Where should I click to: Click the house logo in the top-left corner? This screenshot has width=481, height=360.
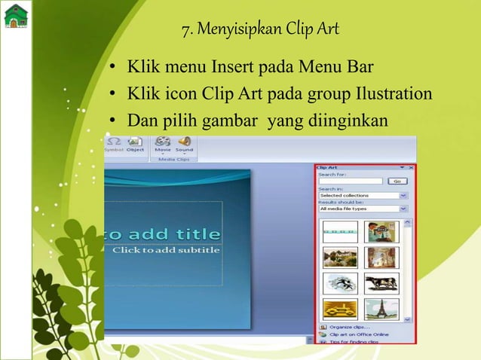pos(15,14)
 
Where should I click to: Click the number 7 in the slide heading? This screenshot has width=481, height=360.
pos(185,31)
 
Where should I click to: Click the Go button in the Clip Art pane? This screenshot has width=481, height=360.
pos(397,182)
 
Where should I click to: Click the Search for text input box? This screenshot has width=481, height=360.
pos(351,182)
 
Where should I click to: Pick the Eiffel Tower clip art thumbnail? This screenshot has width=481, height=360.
pos(381,309)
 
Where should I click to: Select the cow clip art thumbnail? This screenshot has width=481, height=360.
pos(381,283)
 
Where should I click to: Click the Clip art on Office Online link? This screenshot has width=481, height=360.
pos(357,334)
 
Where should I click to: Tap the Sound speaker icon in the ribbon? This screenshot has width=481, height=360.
pos(184,142)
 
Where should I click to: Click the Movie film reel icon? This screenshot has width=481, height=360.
pos(163,142)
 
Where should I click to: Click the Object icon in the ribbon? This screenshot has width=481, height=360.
pos(135,142)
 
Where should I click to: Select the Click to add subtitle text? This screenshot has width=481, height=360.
pos(167,250)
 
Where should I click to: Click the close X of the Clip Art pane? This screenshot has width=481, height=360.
pos(411,166)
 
